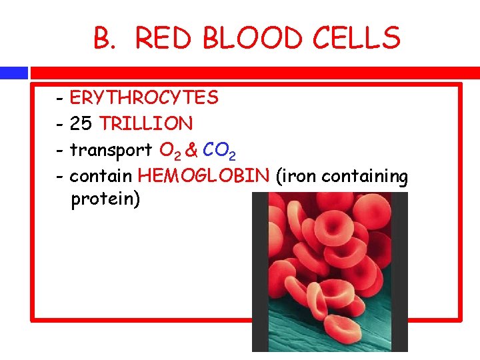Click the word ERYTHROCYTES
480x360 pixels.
(x=143, y=98)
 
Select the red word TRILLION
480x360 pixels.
(x=146, y=124)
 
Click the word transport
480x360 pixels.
(x=111, y=151)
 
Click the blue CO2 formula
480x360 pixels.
(x=219, y=151)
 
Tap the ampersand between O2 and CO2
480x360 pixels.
(x=191, y=151)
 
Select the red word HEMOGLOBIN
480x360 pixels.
(x=203, y=176)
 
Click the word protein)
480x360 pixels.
(x=105, y=200)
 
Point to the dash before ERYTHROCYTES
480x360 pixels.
(x=60, y=99)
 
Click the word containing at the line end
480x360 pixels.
(x=365, y=177)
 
